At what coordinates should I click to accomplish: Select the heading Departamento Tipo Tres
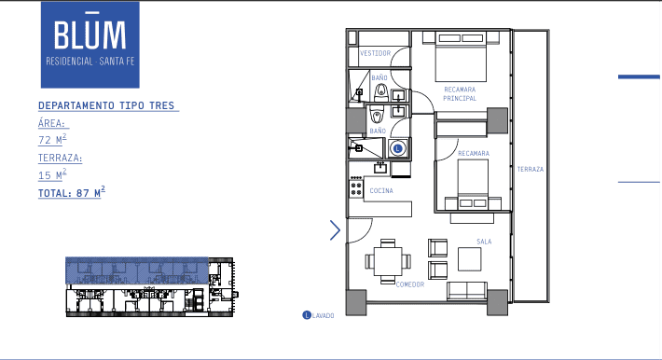point(106,105)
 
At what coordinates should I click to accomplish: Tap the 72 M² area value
point(52,139)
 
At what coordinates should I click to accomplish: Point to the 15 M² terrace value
point(52,174)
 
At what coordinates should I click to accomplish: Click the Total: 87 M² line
point(72,192)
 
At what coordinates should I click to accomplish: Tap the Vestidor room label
point(376,53)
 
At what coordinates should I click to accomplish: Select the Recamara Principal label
point(460,94)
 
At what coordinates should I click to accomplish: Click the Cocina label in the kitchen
point(381,191)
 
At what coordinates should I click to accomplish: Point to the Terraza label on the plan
point(531,169)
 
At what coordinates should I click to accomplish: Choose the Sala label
point(484,242)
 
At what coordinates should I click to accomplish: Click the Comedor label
point(410,284)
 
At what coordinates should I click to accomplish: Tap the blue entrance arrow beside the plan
point(336,230)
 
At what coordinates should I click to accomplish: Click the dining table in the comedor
point(388,261)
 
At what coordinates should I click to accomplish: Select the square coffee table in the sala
point(470,259)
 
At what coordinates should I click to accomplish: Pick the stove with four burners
point(356,188)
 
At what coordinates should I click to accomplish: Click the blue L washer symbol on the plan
point(397,148)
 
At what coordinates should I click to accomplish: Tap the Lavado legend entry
point(318,315)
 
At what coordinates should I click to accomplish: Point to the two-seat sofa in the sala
point(467,291)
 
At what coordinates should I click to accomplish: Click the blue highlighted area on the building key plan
point(137,270)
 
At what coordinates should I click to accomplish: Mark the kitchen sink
point(380,168)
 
